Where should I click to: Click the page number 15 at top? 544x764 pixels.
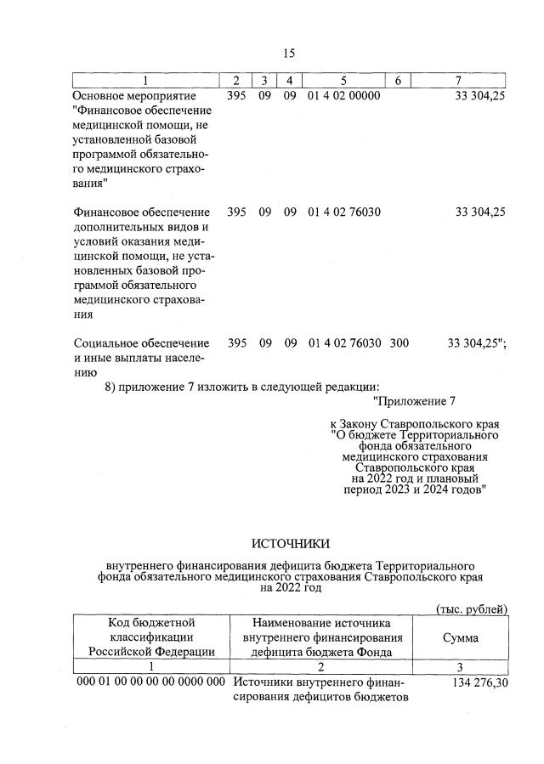point(288,53)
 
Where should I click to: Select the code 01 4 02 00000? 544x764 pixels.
point(343,96)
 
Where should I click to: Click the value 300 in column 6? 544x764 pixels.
point(399,343)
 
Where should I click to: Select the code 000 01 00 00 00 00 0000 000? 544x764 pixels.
point(150,682)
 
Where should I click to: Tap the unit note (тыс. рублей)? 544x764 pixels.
point(471,609)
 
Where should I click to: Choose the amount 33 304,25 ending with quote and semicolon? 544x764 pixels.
point(477,343)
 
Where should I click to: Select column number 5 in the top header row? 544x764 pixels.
point(343,81)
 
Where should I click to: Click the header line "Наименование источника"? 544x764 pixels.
point(315,623)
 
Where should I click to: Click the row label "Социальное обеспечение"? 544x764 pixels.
point(141,343)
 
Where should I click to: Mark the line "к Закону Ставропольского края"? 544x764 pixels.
point(414,423)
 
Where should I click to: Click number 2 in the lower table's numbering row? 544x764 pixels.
point(315,667)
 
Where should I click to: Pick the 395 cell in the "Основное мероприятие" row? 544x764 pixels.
point(237,96)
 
